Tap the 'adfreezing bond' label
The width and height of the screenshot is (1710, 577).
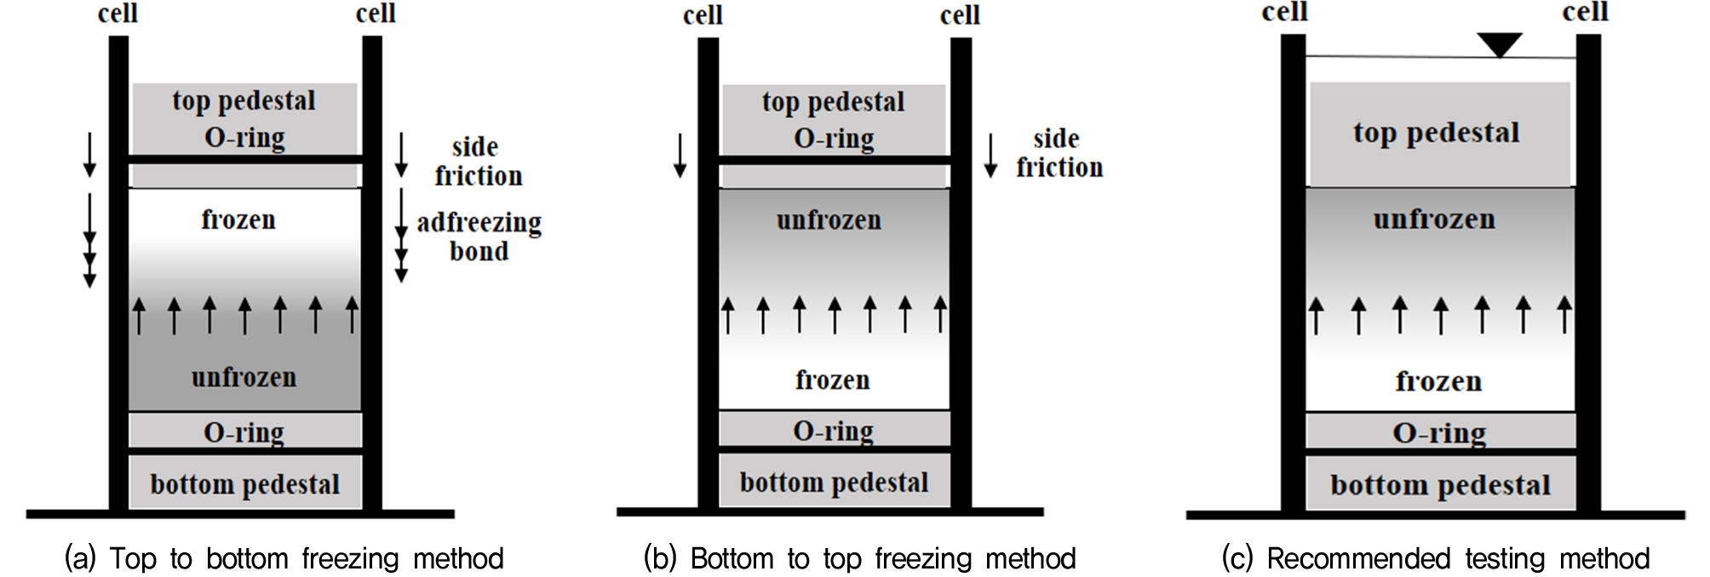click(x=479, y=237)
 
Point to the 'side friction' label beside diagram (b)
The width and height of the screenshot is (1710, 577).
click(x=1059, y=153)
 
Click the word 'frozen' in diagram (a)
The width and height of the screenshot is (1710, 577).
click(x=238, y=220)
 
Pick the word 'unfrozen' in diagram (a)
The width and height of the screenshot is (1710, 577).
click(x=244, y=377)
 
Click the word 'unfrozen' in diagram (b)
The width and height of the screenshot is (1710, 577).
click(x=829, y=220)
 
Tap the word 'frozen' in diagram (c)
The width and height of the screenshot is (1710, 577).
click(x=1438, y=381)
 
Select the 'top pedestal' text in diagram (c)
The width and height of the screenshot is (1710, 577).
click(x=1436, y=134)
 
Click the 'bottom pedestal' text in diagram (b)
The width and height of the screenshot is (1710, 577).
click(x=834, y=483)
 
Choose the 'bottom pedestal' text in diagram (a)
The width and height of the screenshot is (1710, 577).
click(x=245, y=484)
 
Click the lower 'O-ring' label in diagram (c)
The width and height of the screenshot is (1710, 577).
click(x=1439, y=433)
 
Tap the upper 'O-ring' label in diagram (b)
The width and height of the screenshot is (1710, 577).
click(x=834, y=138)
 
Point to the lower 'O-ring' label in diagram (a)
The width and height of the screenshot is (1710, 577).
click(x=244, y=432)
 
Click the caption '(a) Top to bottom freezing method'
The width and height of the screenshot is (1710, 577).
click(x=284, y=559)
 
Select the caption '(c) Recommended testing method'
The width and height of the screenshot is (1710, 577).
click(x=1436, y=559)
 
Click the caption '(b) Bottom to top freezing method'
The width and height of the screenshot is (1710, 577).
click(x=860, y=559)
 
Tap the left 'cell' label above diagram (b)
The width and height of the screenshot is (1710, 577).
click(x=703, y=15)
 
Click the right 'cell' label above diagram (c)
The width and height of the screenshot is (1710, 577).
click(x=1586, y=12)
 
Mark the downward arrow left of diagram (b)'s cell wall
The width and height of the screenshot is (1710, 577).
click(x=680, y=155)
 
